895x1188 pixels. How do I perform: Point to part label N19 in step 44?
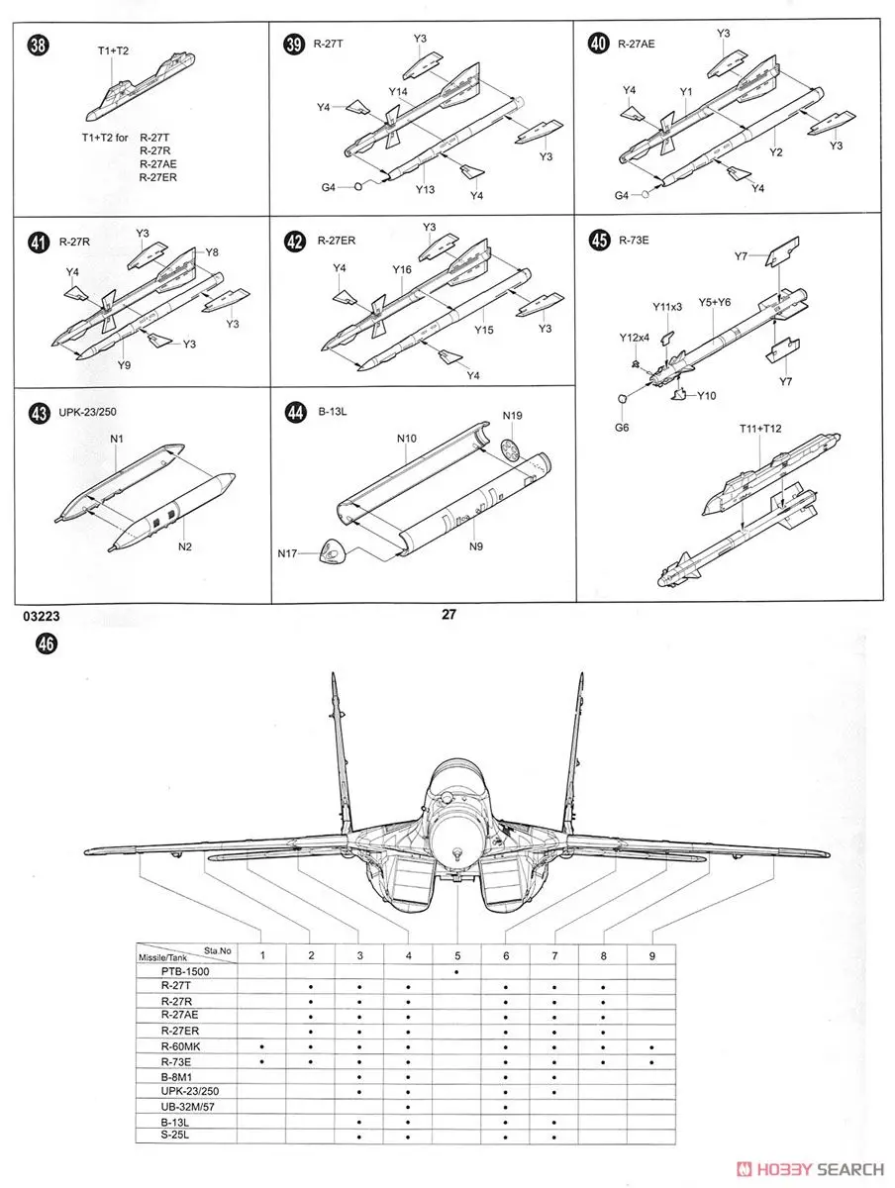coord(513,415)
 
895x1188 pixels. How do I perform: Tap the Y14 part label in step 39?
coord(398,92)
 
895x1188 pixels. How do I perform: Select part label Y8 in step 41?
coord(213,252)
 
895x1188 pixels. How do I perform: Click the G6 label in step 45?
coord(621,428)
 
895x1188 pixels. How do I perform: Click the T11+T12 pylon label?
coord(760,428)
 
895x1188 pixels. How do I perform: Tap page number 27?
coord(447,615)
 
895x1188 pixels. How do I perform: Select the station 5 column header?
coord(457,954)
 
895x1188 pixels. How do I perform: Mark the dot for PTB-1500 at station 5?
coord(457,971)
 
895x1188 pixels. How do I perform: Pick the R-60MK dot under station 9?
coord(651,1046)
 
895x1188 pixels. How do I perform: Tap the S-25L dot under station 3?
coord(359,1137)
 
